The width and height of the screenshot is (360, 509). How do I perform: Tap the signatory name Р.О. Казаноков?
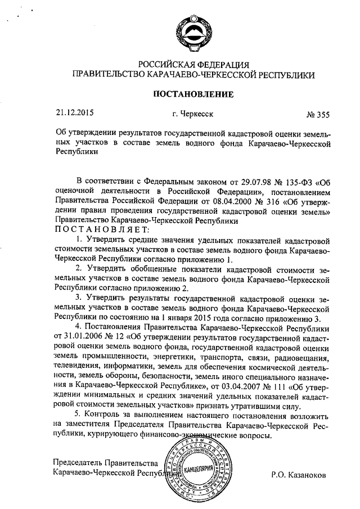(x=298, y=475)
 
